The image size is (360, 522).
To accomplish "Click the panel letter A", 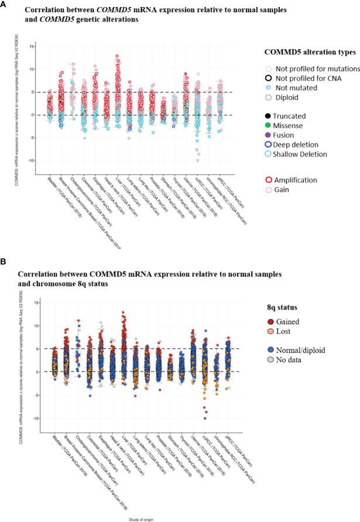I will (4, 4).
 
